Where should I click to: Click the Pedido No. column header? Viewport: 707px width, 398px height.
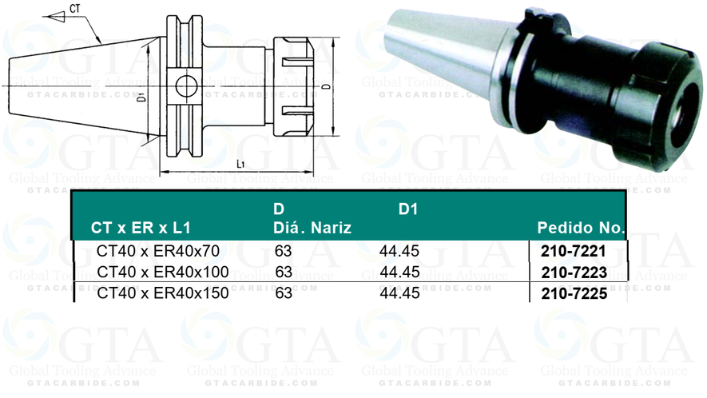coord(581,229)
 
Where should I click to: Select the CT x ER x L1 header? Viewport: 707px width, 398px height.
coord(141,229)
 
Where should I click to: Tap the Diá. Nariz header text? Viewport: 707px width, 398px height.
coord(312,229)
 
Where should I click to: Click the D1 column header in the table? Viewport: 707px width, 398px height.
coord(408,209)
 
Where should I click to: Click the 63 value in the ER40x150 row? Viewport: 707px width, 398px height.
coord(284,293)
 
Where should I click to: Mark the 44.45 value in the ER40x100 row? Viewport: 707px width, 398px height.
coord(399,273)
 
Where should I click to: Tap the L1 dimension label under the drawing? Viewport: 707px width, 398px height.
coord(241,163)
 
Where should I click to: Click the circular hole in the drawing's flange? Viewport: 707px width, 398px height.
coord(185,83)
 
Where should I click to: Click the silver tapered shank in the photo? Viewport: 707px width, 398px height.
coord(447,60)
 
